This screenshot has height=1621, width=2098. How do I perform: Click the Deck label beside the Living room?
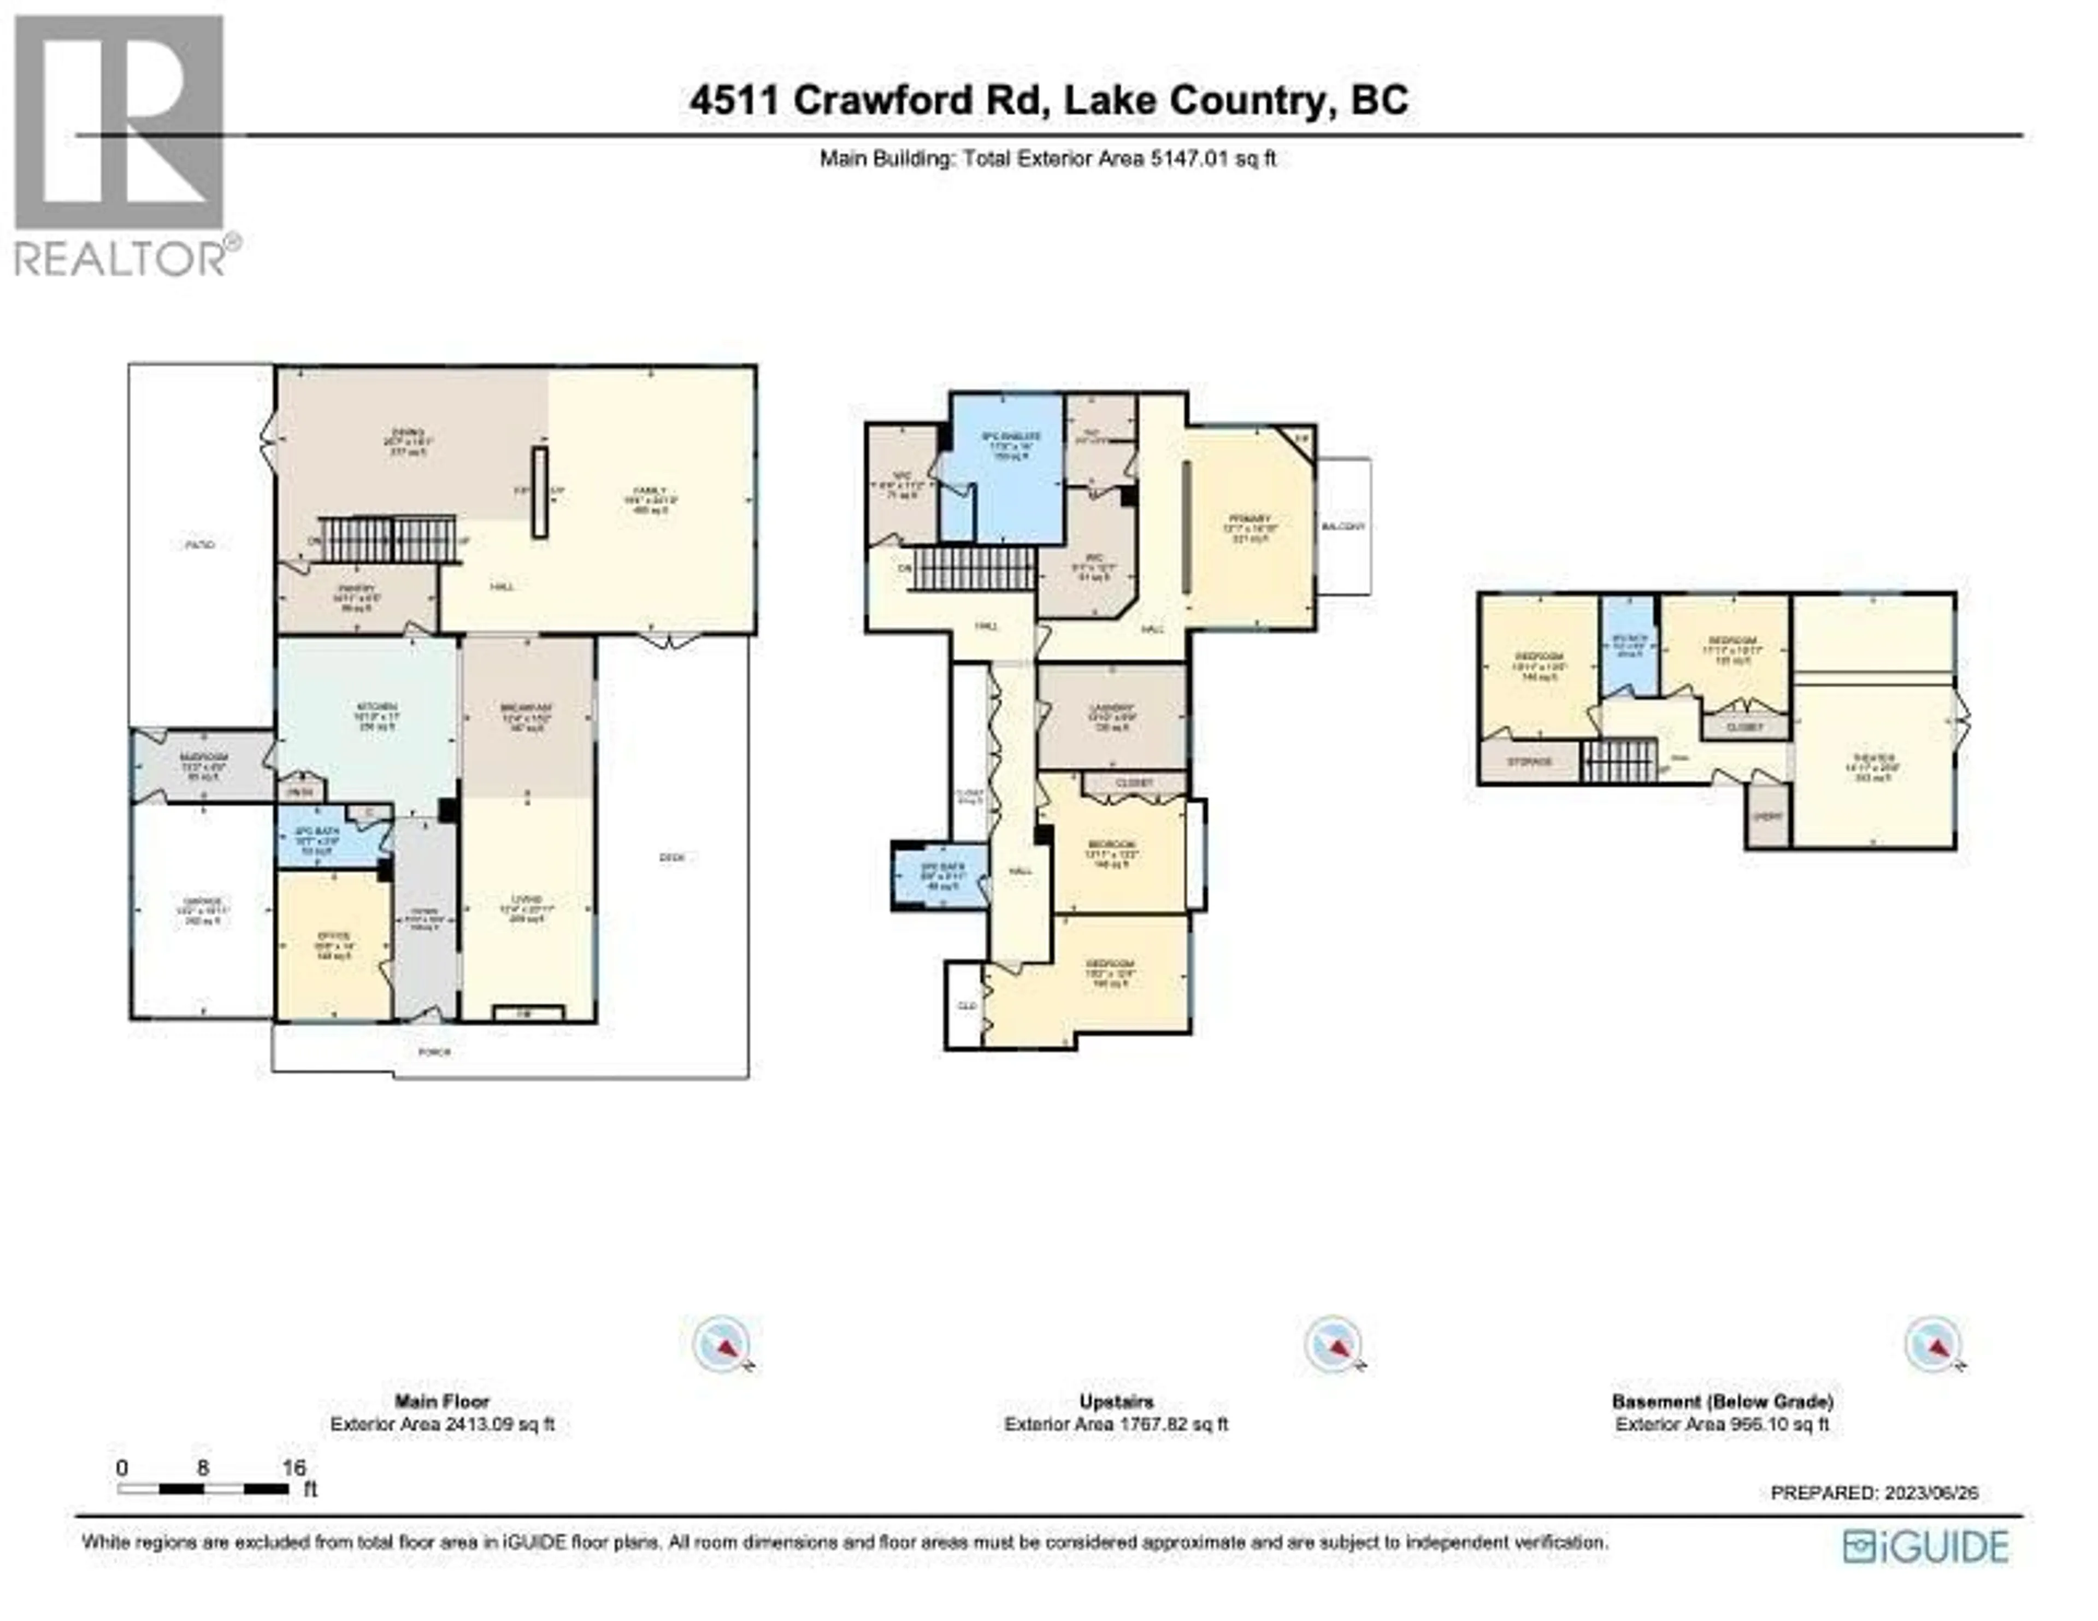(x=673, y=858)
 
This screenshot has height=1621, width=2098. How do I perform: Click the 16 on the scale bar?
(x=294, y=1467)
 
